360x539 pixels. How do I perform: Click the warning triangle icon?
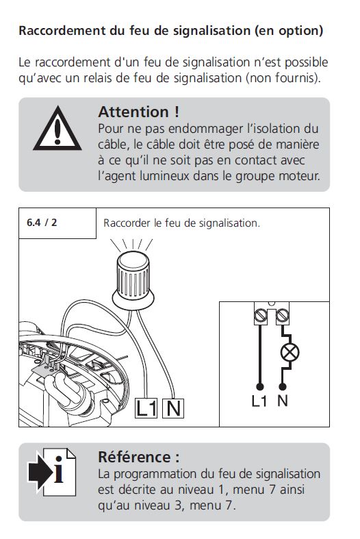(57, 129)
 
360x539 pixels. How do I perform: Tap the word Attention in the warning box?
(133, 112)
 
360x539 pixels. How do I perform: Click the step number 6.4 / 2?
(42, 223)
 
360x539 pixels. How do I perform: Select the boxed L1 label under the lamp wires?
(146, 408)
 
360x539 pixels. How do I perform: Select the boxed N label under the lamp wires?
(173, 408)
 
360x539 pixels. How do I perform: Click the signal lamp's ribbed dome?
(133, 275)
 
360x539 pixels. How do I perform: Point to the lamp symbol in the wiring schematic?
(290, 352)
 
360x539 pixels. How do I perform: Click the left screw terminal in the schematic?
(260, 315)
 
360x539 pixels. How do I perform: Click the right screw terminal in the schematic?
(283, 315)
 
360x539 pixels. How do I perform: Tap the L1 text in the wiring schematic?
(259, 401)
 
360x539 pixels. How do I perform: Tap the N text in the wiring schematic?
(283, 401)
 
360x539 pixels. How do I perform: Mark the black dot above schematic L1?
(260, 387)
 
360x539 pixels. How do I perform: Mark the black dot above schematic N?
(283, 387)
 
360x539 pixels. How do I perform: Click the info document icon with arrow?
(52, 472)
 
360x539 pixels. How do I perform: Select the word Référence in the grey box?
(134, 457)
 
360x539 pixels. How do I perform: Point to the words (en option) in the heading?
(289, 31)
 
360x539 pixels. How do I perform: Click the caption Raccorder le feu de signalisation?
(181, 223)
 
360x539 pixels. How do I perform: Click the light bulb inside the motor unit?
(68, 392)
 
